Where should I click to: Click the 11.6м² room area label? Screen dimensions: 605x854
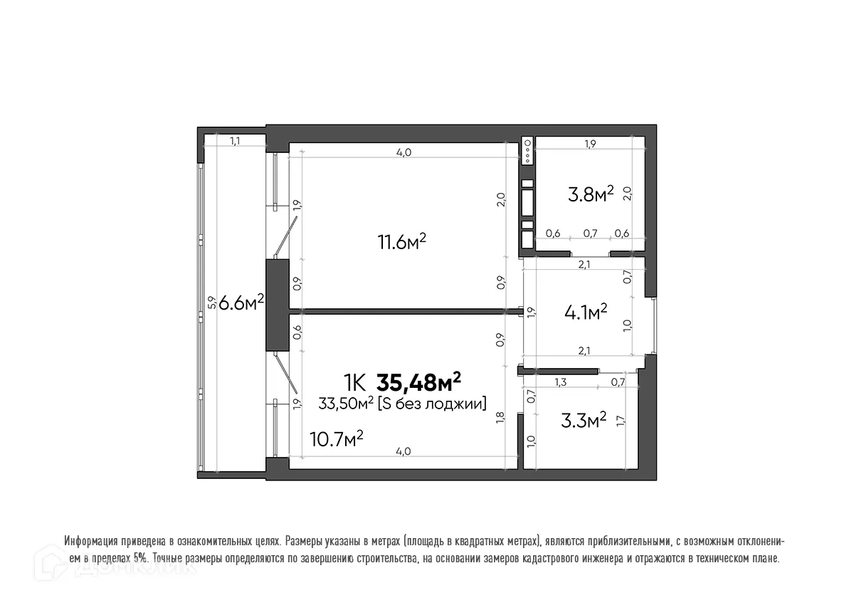click(401, 242)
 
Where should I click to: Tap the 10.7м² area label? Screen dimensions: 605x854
click(337, 438)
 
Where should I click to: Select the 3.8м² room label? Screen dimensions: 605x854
click(590, 194)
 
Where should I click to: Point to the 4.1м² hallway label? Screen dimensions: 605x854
click(585, 311)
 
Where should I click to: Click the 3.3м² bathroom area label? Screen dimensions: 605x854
click(584, 420)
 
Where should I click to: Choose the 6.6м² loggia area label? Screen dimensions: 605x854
click(241, 302)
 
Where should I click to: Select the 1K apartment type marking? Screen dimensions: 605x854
click(355, 383)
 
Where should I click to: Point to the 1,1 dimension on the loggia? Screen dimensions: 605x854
click(235, 141)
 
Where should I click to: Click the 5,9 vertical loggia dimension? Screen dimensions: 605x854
click(210, 302)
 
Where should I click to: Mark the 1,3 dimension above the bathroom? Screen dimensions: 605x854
click(561, 383)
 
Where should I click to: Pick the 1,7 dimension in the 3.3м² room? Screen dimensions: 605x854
click(621, 420)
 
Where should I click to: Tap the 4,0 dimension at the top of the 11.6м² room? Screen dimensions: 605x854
click(404, 152)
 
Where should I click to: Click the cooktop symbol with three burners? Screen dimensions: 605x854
click(527, 150)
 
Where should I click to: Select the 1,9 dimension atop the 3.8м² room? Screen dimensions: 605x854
click(589, 144)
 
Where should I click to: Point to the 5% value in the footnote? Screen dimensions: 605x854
click(141, 559)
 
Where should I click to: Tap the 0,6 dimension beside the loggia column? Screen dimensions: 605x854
click(297, 331)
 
